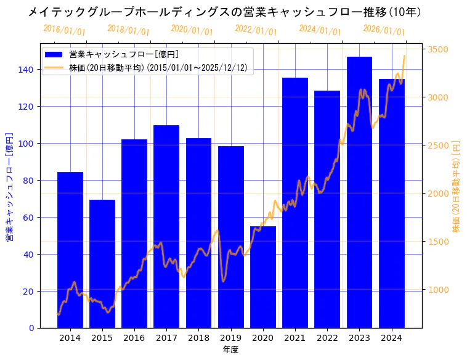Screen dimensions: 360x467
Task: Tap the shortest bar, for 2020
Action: pos(263,277)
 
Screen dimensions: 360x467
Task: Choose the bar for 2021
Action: pos(295,203)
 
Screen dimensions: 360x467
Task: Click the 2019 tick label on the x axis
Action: pos(230,338)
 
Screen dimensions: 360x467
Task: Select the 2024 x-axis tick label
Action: pos(391,338)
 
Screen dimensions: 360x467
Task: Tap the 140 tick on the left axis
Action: pos(26,70)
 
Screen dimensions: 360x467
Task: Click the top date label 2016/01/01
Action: pos(64,30)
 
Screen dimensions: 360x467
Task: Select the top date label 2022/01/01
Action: pos(256,30)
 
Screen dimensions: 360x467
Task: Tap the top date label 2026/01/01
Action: pos(384,30)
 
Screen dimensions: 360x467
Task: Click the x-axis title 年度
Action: pos(230,350)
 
